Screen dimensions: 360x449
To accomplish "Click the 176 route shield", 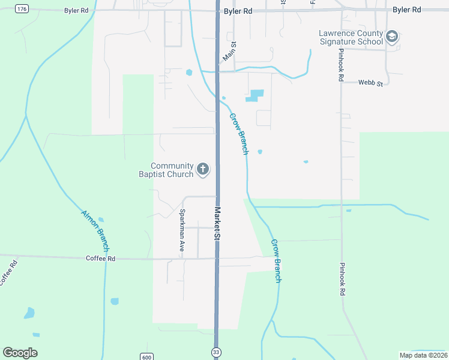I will click(22, 8).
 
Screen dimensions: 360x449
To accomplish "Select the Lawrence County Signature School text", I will click(351, 38).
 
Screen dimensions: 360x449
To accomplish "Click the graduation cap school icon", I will click(393, 37).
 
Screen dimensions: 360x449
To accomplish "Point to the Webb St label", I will click(370, 83).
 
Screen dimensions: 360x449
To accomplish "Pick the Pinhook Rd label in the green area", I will click(342, 279).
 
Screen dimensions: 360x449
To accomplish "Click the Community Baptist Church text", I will click(172, 170).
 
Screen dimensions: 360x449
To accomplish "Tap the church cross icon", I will click(203, 169).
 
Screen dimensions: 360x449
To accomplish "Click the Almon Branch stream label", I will click(95, 231).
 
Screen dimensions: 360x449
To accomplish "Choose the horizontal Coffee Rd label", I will click(100, 258).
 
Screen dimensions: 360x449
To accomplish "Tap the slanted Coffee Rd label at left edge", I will click(6, 272).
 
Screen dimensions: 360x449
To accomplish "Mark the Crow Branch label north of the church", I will click(238, 134).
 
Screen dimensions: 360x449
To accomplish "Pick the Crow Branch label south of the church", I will click(276, 261).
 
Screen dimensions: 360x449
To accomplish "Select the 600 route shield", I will click(146, 356).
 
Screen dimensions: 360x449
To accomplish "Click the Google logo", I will click(20, 353).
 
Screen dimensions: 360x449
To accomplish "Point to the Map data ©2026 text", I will click(423, 355).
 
